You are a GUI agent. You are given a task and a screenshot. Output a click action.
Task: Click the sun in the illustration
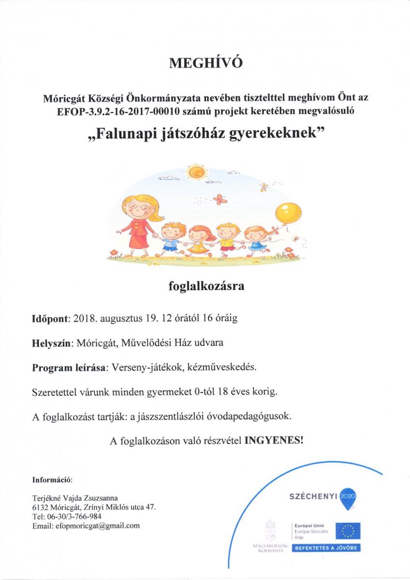coord(196,171)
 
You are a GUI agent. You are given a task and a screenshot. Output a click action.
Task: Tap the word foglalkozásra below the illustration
coord(205,287)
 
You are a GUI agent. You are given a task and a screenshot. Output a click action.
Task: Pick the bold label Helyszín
coord(52,343)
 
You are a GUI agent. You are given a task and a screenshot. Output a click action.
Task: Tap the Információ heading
coord(52,480)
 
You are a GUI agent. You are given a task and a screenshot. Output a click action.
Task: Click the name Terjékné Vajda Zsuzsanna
coord(74,498)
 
